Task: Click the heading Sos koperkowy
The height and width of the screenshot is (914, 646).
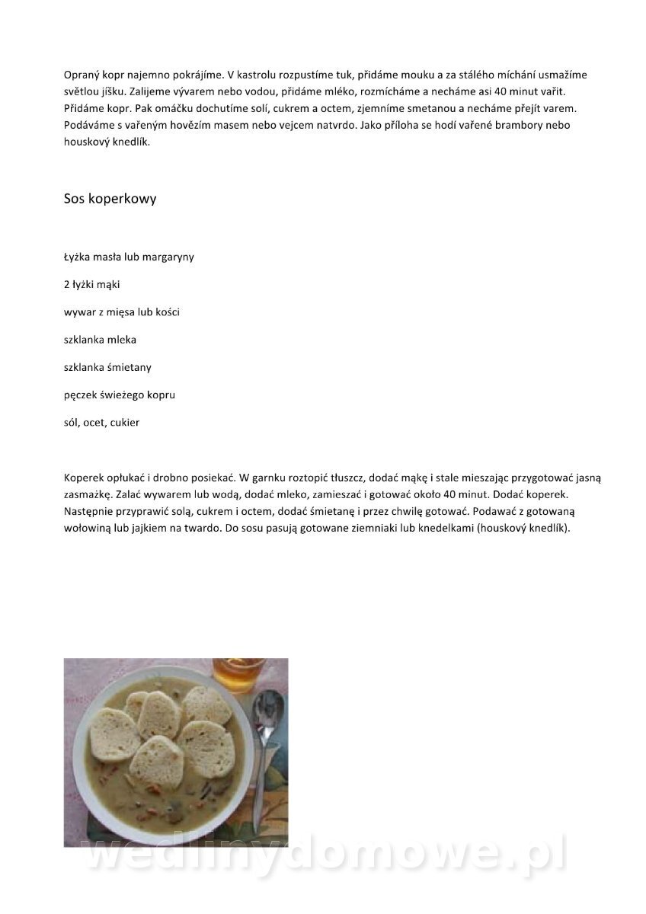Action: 110,199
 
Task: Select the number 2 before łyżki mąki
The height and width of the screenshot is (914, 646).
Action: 67,284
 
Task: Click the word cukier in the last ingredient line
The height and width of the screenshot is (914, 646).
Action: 125,422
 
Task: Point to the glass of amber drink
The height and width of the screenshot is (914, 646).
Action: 238,673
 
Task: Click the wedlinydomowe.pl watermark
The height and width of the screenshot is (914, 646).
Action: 324,855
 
